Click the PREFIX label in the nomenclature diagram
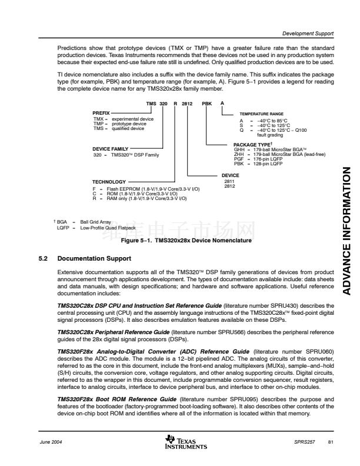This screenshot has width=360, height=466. tap(101, 112)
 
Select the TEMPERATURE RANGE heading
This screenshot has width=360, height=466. tap(261, 113)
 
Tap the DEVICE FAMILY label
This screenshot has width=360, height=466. tap(111, 149)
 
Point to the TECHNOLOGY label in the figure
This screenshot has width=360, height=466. tap(109, 181)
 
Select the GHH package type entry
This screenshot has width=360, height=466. tap(271, 149)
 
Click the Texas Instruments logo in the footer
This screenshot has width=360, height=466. tap(186, 442)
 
